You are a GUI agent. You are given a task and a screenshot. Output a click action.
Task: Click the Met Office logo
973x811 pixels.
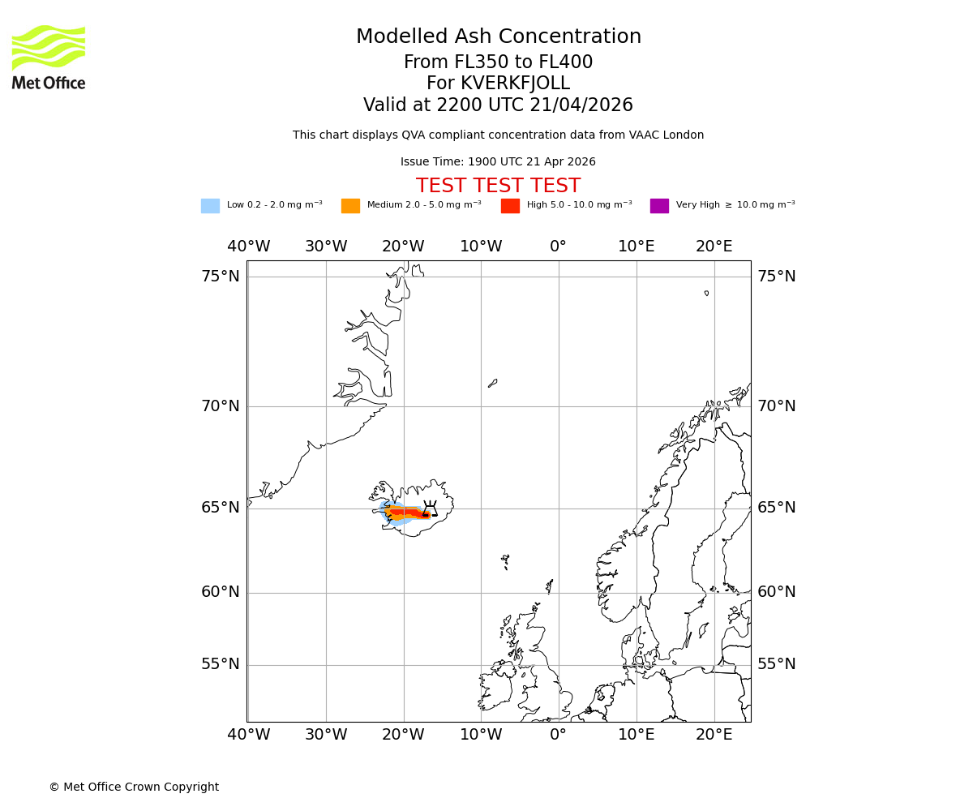49,57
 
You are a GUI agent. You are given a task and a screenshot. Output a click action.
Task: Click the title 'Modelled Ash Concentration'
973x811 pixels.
498,37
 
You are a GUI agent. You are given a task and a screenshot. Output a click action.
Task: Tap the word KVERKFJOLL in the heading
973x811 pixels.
515,84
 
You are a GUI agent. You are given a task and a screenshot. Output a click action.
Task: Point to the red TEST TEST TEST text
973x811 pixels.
498,187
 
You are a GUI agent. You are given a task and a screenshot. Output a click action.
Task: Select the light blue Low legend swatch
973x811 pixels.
210,206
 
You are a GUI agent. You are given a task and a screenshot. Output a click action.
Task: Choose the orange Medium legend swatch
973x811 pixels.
350,206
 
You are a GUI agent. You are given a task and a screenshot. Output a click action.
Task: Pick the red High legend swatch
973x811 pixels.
510,206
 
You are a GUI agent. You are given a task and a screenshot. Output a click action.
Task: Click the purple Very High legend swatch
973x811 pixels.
659,206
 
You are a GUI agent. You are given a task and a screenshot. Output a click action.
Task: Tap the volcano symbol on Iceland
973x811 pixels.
430,509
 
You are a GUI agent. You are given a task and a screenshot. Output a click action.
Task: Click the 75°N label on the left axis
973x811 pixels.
221,277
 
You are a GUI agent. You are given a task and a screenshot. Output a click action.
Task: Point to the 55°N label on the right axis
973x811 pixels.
777,664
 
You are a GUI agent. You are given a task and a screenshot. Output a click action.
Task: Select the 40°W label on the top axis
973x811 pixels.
249,247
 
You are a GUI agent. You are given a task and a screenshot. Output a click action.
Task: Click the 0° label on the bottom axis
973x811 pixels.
559,735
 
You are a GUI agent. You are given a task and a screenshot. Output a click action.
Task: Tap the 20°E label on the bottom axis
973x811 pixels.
714,735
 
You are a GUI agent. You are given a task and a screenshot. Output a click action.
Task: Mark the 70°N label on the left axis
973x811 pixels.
221,406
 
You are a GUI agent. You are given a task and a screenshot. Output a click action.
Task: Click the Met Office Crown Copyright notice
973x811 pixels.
134,787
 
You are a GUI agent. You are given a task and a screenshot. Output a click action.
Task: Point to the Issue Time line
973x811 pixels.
498,162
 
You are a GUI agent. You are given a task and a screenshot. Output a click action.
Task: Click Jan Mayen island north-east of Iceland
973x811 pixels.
492,383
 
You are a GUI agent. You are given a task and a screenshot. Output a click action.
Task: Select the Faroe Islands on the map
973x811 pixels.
505,560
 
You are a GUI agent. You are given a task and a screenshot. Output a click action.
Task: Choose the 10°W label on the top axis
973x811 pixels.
481,247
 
